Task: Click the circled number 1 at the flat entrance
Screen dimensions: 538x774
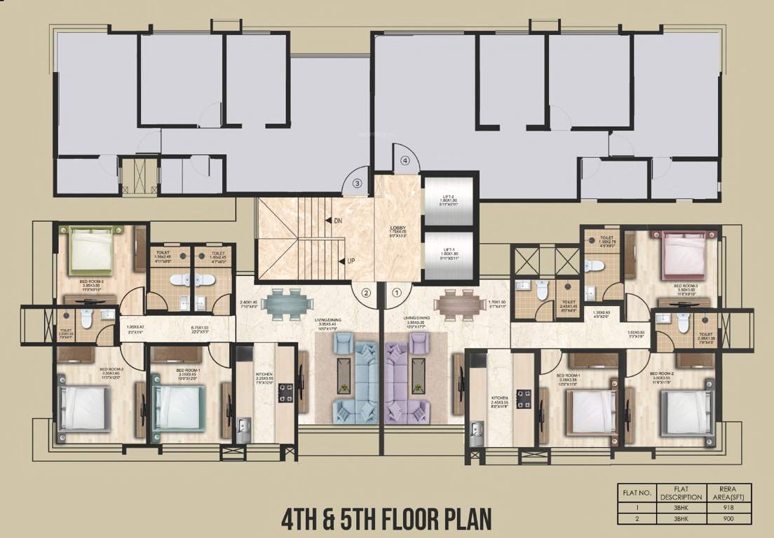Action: click(x=396, y=293)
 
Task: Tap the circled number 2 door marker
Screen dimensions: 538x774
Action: click(x=365, y=293)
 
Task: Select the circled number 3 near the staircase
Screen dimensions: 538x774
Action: click(x=357, y=184)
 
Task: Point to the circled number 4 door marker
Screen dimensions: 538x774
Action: click(x=405, y=160)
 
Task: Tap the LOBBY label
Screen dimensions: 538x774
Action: click(x=398, y=228)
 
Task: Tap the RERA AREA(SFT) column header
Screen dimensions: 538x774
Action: click(x=733, y=492)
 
